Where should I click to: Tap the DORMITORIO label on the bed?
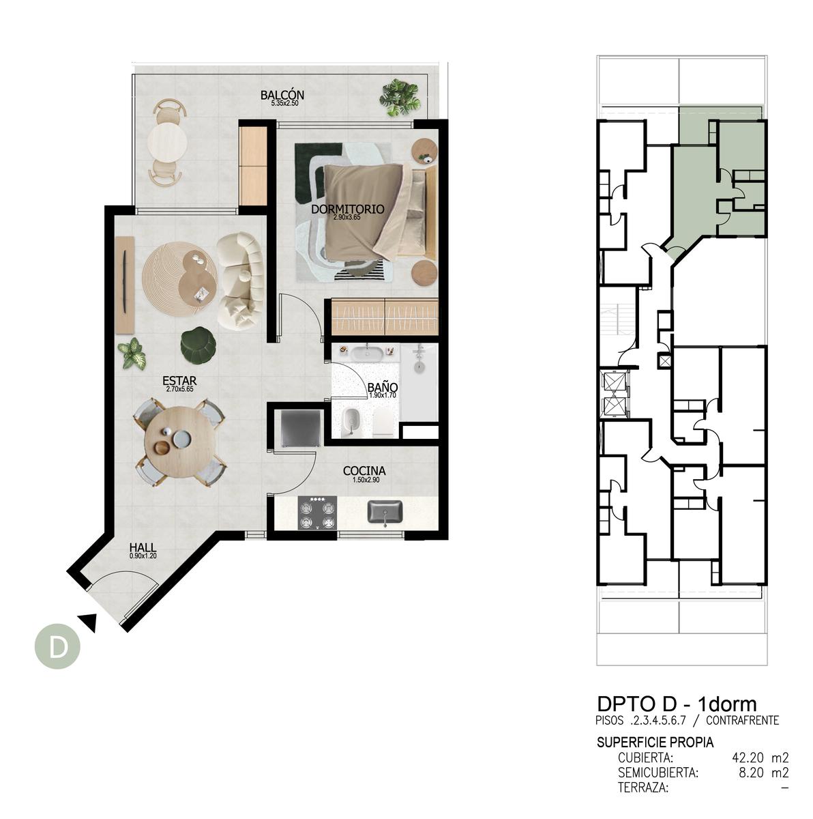347,209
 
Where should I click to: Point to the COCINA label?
364,470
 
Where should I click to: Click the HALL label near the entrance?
143,547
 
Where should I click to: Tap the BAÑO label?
383,387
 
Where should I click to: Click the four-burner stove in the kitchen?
318,513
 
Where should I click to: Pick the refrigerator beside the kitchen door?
301,427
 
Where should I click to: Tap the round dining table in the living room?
178,442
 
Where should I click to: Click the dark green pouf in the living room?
198,346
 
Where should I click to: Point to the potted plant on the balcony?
399,98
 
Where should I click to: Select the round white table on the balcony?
167,142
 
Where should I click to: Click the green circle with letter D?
58,646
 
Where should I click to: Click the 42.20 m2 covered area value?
760,758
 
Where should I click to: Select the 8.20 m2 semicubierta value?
763,772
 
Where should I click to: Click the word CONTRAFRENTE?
743,720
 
